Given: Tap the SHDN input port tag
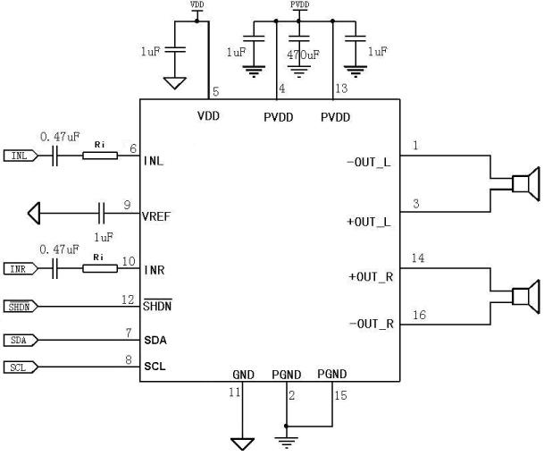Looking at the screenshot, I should pyautogui.click(x=20, y=307).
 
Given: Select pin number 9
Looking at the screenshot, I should pyautogui.click(x=128, y=205).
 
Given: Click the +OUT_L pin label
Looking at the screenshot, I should pyautogui.click(x=368, y=220).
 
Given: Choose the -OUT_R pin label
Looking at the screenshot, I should pyautogui.click(x=368, y=322).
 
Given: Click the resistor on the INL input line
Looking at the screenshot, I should pyautogui.click(x=99, y=156).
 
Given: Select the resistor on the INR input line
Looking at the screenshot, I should pyautogui.click(x=99, y=268).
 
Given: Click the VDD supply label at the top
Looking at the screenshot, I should pyautogui.click(x=197, y=5).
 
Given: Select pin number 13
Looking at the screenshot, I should pyautogui.click(x=341, y=88).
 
